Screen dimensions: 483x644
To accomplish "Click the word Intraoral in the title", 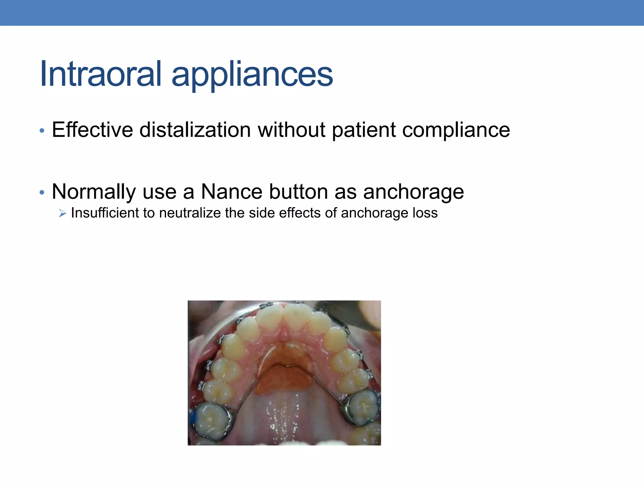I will tap(101, 74).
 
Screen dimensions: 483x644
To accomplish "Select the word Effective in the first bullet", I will tap(92, 130).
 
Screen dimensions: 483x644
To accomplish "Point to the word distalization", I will tap(195, 130).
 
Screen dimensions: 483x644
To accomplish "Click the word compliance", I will tap(456, 130).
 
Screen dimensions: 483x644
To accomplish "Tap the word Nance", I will tap(231, 192).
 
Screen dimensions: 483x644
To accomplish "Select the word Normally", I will tap(94, 192).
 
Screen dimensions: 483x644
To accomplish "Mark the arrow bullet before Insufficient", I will tap(63, 214).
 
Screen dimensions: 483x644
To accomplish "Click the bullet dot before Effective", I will tap(42, 130).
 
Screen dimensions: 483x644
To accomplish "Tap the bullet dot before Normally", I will tap(42, 192).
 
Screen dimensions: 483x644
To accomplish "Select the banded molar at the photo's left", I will tap(211, 421).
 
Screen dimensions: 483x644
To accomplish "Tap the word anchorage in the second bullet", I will tap(414, 192).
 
